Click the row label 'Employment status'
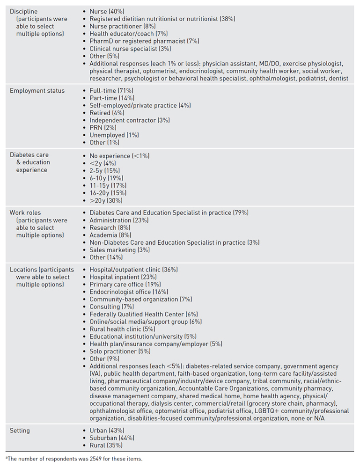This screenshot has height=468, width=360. [x=37, y=90]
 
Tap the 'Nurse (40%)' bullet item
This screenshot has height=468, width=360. [x=106, y=11]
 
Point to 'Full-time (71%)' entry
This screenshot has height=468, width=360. [x=111, y=90]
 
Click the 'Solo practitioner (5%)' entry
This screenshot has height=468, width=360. [x=120, y=351]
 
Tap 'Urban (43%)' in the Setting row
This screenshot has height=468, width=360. [x=107, y=430]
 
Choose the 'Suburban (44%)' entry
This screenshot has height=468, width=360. [x=112, y=438]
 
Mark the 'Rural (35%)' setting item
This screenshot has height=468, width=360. [x=106, y=445]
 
